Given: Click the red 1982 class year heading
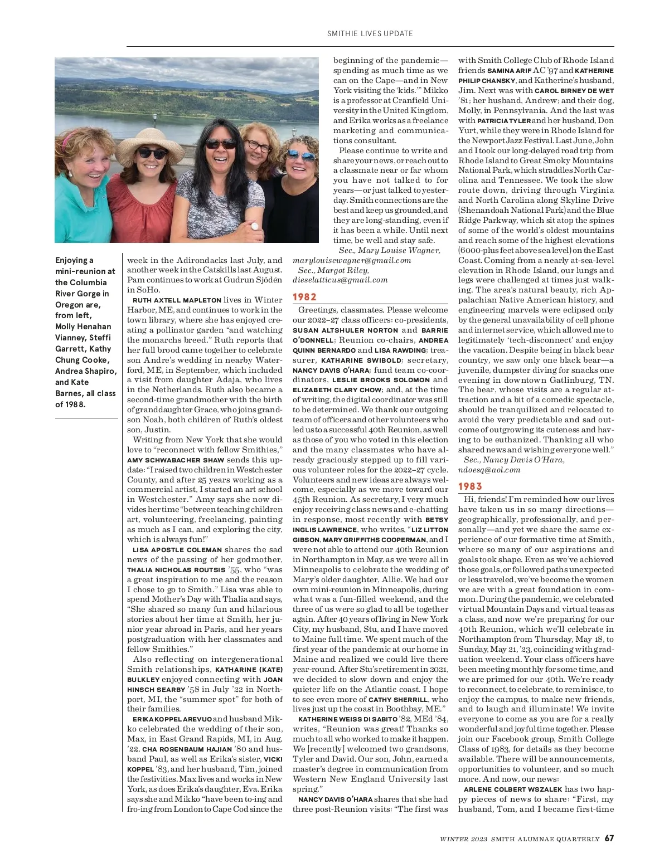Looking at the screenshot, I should (304, 297).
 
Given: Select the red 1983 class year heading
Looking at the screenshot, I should (470, 486).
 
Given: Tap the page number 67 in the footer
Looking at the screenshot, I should (609, 838).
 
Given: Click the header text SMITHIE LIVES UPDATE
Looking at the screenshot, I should (370, 33).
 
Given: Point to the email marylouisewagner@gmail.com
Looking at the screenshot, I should (352, 260).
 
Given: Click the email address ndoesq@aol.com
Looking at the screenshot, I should (489, 470).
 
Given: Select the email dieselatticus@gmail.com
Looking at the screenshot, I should (340, 280).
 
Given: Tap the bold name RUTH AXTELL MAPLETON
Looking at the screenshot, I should (177, 300).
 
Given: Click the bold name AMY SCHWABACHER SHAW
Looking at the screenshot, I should (176, 460).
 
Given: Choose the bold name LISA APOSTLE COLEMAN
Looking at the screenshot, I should (177, 550).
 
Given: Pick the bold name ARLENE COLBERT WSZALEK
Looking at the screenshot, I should (513, 789).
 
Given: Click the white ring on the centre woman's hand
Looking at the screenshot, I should (255, 226).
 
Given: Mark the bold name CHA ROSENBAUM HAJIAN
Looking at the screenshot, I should (187, 749).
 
